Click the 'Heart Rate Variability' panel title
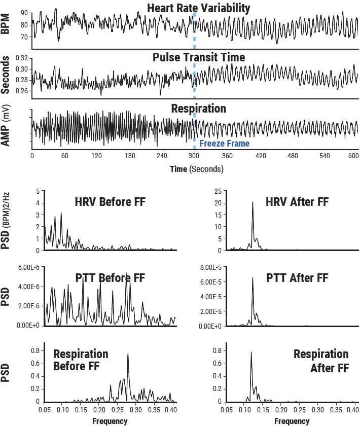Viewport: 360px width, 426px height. click(199, 8)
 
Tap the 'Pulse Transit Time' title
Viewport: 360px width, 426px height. click(199, 57)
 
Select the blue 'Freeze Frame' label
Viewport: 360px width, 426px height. click(224, 144)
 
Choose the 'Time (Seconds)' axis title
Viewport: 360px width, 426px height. click(196, 168)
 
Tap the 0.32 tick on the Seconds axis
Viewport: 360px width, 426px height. click(22, 59)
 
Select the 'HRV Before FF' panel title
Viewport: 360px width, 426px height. click(110, 202)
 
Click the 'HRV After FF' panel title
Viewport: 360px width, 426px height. click(297, 202)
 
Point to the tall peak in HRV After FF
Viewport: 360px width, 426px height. click(253, 203)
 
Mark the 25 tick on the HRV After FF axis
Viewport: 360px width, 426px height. click(217, 191)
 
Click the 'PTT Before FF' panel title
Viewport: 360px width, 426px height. click(110, 278)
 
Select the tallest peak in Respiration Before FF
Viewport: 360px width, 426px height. click(128, 354)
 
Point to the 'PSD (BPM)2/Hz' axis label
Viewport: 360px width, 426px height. click(6, 222)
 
